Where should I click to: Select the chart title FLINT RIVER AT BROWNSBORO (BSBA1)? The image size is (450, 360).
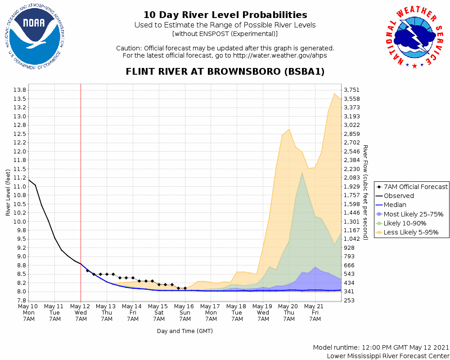225,72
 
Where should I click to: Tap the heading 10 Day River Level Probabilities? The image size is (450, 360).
225,15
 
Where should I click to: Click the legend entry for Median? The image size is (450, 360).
395,205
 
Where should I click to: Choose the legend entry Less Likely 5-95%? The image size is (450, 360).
411,233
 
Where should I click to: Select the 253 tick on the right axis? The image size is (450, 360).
349,301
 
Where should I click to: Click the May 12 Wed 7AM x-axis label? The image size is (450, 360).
81,312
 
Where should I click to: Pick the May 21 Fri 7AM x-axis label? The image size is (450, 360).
315,312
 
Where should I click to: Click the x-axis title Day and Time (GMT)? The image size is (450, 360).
185,331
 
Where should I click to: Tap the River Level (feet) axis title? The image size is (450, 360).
8,193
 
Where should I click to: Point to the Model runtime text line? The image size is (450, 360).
381,348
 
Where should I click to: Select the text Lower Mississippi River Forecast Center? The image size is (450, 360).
388,356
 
